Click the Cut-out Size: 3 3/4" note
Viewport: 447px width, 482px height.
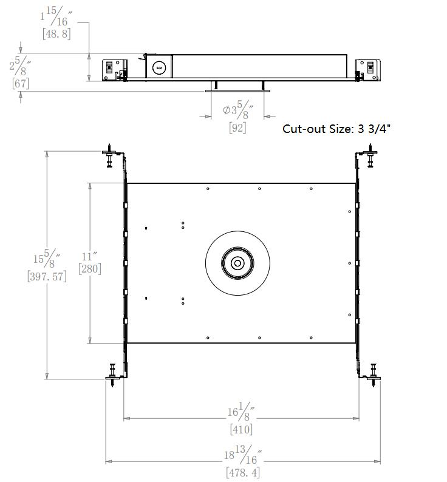[336, 129]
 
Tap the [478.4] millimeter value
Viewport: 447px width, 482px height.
[243, 472]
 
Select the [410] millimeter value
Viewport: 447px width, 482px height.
[241, 429]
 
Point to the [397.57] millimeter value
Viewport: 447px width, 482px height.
[47, 276]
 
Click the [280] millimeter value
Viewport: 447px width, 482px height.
[90, 269]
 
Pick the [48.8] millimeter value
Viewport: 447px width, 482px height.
[56, 34]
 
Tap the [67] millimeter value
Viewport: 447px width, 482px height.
[21, 83]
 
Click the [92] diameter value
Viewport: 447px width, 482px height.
[237, 127]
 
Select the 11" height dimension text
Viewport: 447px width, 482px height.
[89, 256]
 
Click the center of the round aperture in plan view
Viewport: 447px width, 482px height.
[237, 263]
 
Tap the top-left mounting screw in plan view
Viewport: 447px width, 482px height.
[109, 155]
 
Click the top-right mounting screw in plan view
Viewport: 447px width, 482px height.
[370, 155]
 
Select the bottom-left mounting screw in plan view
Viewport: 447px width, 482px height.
[112, 375]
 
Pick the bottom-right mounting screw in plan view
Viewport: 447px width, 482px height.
[374, 375]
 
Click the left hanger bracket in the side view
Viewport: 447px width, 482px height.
[115, 70]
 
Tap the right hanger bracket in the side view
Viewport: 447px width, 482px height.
[368, 70]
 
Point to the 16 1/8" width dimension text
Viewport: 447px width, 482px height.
[241, 412]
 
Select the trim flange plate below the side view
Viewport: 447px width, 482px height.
[237, 91]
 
